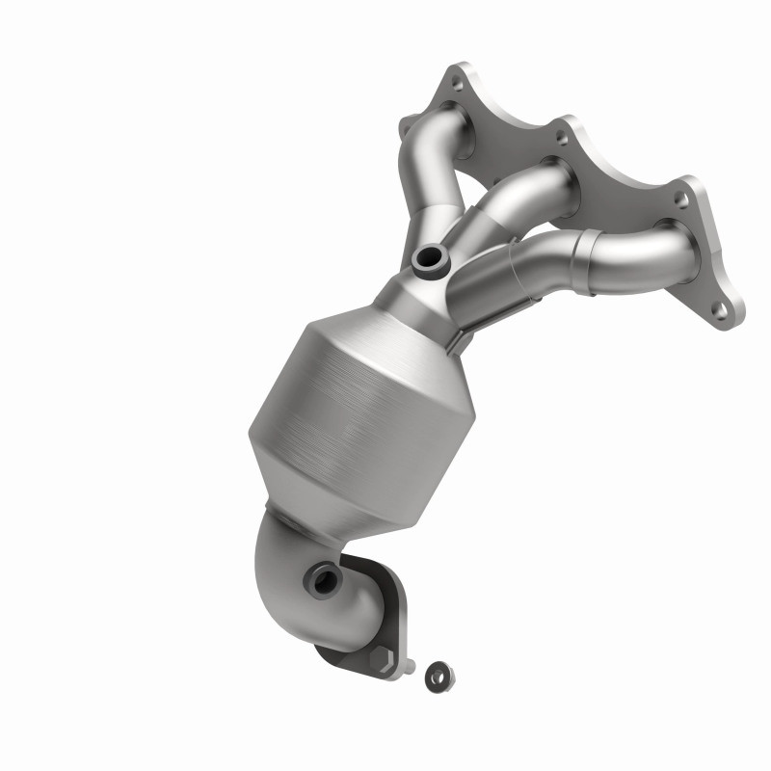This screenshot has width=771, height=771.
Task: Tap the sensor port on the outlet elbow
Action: click(320, 580)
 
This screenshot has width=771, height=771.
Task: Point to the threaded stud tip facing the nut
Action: click(412, 665)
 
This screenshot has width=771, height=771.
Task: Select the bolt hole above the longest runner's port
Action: click(680, 200)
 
